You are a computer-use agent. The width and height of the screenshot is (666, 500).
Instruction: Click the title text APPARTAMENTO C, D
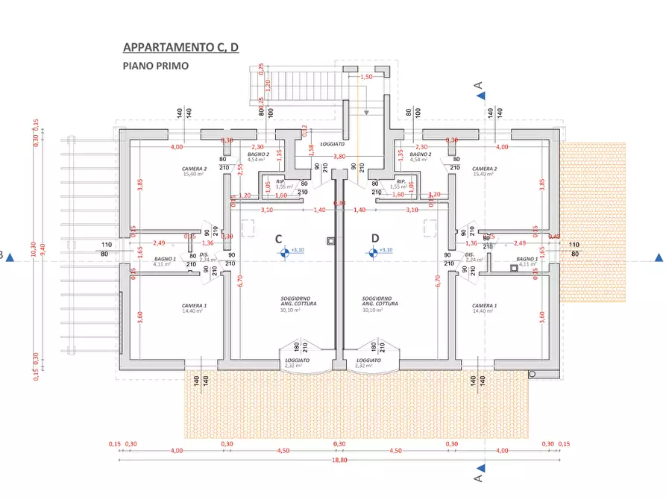tap(180, 48)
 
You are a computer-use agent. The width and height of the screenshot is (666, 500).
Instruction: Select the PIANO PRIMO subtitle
tap(155, 66)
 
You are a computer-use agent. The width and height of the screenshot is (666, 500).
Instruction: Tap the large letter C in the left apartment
tap(278, 240)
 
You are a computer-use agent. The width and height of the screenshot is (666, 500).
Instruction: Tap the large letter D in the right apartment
tap(375, 240)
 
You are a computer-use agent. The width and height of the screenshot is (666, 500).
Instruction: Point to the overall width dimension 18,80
tap(339, 460)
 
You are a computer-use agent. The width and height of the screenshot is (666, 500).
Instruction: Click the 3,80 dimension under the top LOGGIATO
tap(339, 157)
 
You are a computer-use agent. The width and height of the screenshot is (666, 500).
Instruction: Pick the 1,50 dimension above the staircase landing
tap(366, 77)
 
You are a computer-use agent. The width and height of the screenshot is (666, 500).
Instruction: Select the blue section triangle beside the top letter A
tap(481, 96)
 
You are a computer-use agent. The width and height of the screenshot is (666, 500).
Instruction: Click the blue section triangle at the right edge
tap(659, 258)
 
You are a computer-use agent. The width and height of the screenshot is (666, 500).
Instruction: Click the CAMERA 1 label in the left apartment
tap(194, 306)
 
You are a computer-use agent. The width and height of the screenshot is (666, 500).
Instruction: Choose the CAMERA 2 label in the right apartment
tap(485, 169)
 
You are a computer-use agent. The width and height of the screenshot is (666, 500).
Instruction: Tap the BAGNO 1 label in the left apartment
tap(164, 258)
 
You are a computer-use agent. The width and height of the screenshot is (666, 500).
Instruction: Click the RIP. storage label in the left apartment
tap(280, 181)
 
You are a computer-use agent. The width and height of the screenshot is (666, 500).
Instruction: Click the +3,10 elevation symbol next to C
tap(284, 252)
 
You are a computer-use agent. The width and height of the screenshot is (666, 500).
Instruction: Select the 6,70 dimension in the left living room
tap(239, 281)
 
